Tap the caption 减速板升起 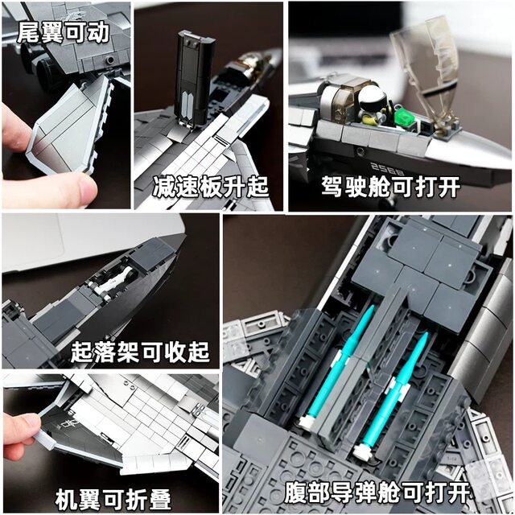210,188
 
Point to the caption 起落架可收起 139,352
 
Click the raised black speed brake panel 192,78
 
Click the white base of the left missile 307,420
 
